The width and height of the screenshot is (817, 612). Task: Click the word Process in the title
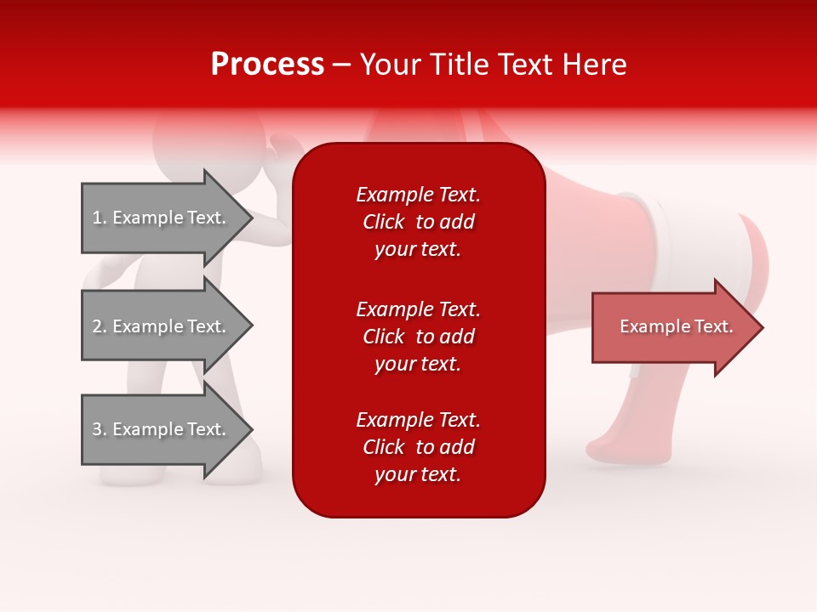(x=267, y=65)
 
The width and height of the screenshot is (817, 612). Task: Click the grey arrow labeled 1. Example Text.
(x=162, y=218)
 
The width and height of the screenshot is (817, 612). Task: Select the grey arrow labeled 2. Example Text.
(x=162, y=326)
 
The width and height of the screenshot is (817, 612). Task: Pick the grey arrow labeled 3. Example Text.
(x=162, y=429)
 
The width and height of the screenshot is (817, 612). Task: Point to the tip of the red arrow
(x=761, y=327)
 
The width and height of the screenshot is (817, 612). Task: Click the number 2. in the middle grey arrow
(x=100, y=326)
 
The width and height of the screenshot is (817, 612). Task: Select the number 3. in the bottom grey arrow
(x=100, y=429)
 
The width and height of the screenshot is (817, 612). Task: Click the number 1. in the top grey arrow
(x=100, y=218)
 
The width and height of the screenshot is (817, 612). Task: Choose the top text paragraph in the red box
(x=418, y=222)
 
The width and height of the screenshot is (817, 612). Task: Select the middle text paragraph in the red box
(x=418, y=337)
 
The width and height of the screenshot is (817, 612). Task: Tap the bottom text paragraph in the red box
(x=418, y=447)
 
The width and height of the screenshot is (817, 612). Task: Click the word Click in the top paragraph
(x=383, y=222)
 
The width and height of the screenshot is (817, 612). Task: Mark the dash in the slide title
(x=342, y=65)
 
